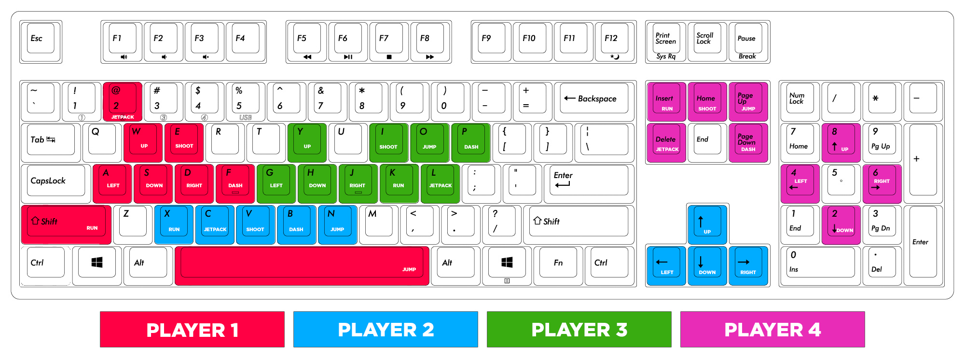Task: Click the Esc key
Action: coord(41,41)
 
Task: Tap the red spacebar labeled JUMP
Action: coord(302,265)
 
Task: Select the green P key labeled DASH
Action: coord(470,142)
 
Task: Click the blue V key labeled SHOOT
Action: coord(255,224)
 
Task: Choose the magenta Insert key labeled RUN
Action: coord(666,101)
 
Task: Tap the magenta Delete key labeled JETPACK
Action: coord(666,142)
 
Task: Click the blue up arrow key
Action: coord(707,223)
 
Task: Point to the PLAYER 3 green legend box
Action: coord(579,329)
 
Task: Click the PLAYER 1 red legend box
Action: coord(192,329)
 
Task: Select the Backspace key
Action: coord(594,100)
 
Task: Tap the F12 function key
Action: coord(614,41)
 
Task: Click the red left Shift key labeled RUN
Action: coord(66,224)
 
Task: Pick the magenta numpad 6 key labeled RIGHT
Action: coord(882,183)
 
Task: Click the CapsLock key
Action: coord(55,182)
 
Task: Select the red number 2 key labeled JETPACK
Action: coord(122,101)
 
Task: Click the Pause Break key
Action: coord(748,41)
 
